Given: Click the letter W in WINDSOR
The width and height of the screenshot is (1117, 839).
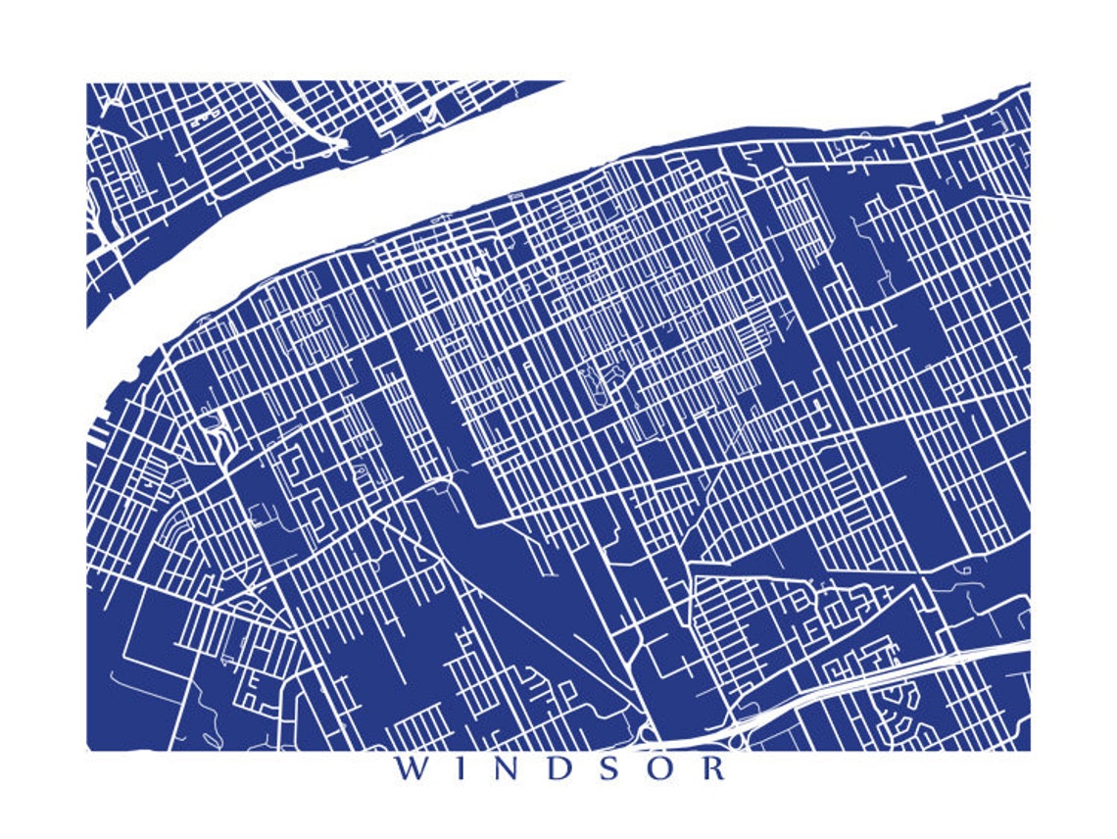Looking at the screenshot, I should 411,767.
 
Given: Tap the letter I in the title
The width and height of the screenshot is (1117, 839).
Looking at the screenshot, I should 462,767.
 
